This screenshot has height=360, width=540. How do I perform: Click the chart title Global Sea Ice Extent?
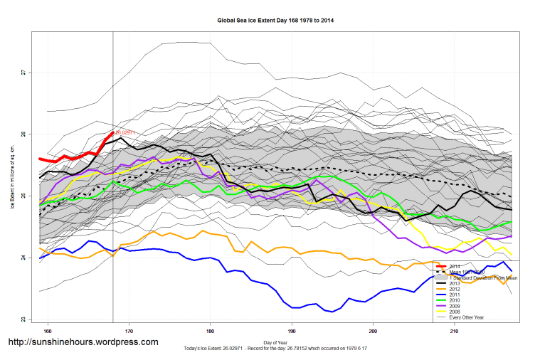click(x=275, y=21)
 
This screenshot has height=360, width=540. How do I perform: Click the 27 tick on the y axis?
click(x=23, y=73)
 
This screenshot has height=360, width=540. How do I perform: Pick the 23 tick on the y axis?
click(x=23, y=319)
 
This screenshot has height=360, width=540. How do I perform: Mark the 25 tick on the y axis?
click(x=23, y=196)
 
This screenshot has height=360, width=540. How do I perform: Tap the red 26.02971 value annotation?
click(x=125, y=132)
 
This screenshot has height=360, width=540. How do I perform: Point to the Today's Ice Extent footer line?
click(x=275, y=348)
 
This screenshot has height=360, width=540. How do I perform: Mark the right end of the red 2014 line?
click(x=112, y=132)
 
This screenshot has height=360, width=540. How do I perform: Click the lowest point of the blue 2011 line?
click(x=332, y=312)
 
